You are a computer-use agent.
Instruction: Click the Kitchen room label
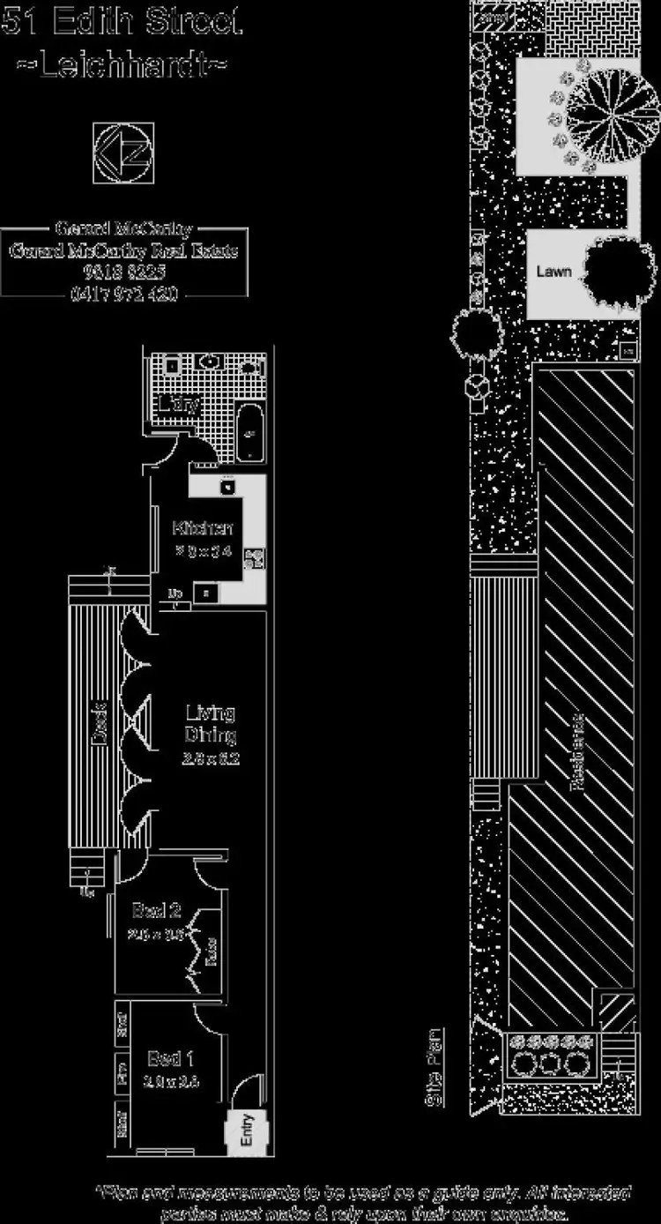[203, 529]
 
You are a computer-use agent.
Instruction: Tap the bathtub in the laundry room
[249, 433]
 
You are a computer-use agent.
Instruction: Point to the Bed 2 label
[157, 910]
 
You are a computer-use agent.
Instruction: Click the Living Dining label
[210, 724]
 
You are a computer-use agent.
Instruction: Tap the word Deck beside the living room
[100, 721]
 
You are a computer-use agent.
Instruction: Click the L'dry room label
[180, 405]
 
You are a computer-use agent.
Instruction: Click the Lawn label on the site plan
[553, 271]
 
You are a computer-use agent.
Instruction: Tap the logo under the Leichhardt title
[123, 153]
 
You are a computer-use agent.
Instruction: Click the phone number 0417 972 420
[123, 294]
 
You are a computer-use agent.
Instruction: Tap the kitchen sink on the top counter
[227, 487]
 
